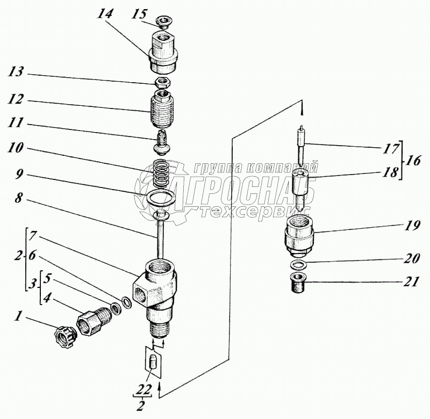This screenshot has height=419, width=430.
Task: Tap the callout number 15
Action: [139, 14]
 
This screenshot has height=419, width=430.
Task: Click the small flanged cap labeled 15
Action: [164, 21]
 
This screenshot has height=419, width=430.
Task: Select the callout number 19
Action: [411, 226]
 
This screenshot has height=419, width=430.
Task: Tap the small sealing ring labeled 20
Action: [298, 264]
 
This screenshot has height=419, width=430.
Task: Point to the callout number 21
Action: [411, 281]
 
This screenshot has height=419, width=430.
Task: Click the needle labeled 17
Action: [302, 146]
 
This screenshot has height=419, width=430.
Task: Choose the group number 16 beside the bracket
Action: [413, 161]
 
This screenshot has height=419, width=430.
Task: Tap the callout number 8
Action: [18, 198]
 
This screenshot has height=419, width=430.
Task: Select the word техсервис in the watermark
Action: [255, 211]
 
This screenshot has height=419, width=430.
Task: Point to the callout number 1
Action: [18, 316]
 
